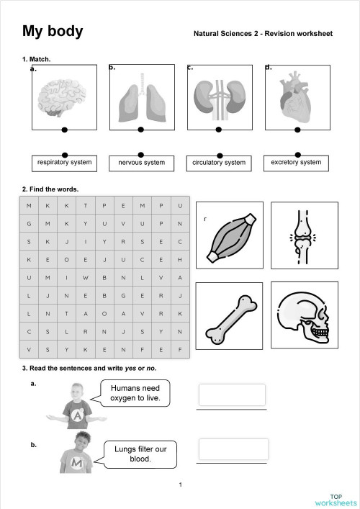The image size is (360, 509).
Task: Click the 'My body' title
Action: [53, 31]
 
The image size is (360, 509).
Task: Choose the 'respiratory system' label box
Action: [65, 163]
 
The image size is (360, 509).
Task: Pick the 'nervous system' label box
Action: [142, 163]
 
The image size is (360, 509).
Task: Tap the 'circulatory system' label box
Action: [219, 163]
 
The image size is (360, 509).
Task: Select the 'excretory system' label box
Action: [296, 163]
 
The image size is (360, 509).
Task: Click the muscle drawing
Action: [230, 237]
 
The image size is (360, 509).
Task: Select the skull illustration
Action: [304, 317]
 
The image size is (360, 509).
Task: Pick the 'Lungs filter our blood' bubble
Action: [140, 454]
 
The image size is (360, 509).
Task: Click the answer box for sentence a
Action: [232, 395]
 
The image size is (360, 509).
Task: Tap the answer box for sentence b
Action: [233, 449]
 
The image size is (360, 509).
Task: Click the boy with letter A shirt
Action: [76, 405]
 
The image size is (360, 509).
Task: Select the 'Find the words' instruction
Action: [50, 189]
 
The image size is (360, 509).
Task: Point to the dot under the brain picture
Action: [65, 130]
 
